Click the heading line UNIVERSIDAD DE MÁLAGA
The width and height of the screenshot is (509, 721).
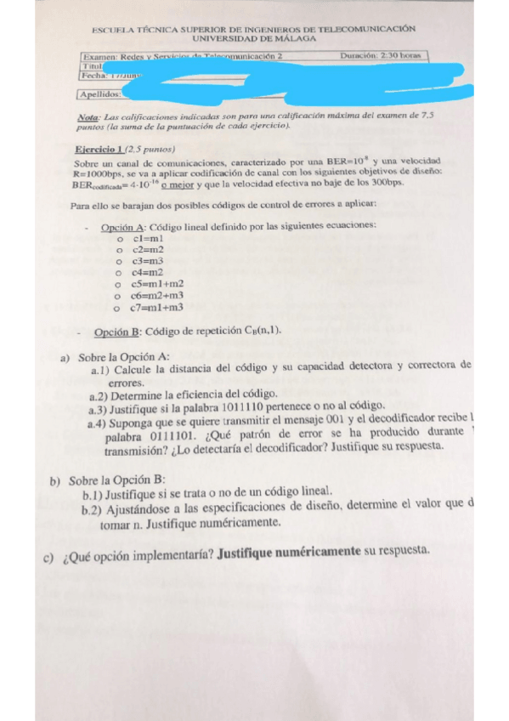pos(254,38)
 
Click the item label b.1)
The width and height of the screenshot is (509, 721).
pos(94,492)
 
